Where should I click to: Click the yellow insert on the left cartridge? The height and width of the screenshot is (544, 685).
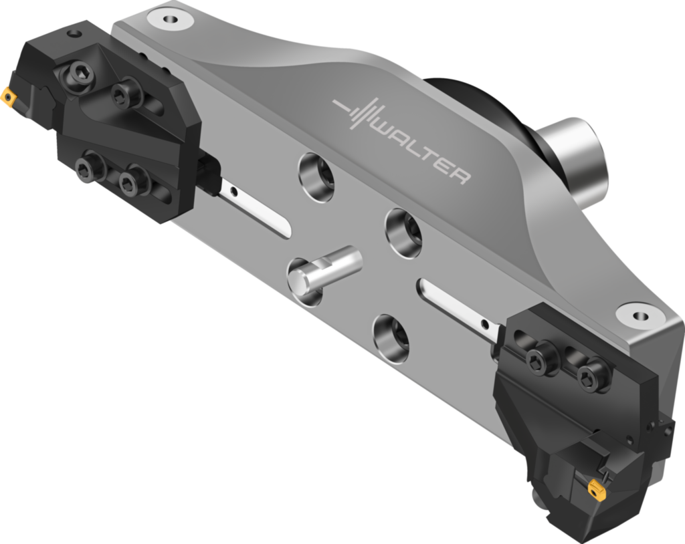click(9, 98)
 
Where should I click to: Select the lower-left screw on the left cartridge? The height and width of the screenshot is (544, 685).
click(88, 171)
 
